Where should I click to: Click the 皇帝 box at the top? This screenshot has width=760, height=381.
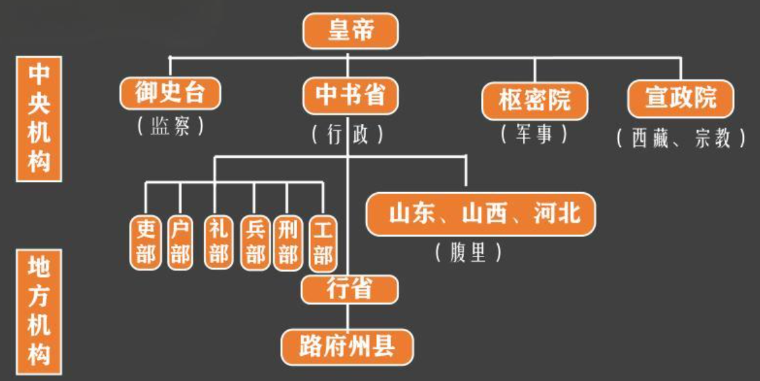pos(351,30)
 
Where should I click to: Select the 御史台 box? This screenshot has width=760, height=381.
pos(170,93)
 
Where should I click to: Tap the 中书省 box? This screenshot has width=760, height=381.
pos(351,95)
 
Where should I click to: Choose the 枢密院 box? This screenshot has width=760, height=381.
pos(534,100)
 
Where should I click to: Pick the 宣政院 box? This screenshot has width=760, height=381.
pos(681,98)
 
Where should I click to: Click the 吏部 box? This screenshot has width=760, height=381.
pos(146,242)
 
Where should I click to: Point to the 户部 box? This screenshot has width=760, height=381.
pos(180,242)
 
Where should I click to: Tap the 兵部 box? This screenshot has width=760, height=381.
pos(255,242)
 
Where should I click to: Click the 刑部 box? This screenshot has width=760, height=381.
pos(287,242)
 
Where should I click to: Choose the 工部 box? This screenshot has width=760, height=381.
pos(322,242)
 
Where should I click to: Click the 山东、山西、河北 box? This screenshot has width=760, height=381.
pos(480,213)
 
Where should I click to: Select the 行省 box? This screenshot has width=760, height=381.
pos(349,288)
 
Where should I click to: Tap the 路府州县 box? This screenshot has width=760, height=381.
pos(347,347)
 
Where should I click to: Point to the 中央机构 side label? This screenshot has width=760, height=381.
pos(39,119)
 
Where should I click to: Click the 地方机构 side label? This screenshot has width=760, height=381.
pos(39,312)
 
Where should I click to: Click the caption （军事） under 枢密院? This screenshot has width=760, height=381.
pos(534,134)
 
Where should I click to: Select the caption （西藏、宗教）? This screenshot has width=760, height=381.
pos(681,138)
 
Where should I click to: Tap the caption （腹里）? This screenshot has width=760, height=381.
pos(469,253)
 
